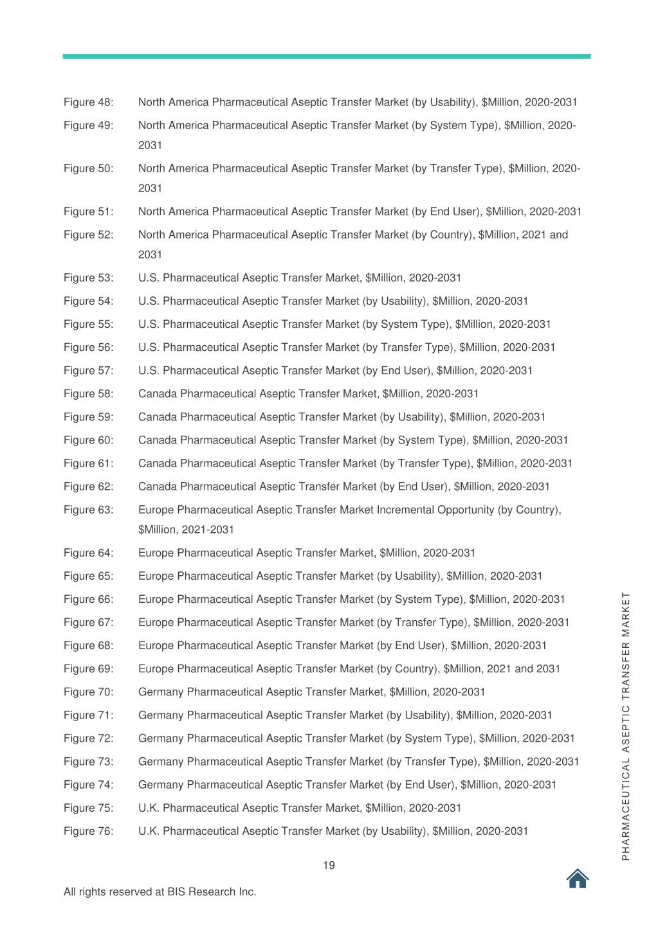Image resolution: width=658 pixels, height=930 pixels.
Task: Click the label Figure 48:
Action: coord(88,102)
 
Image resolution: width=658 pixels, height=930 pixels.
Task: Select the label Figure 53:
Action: coord(88,278)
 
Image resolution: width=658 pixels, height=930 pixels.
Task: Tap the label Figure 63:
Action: coord(88,510)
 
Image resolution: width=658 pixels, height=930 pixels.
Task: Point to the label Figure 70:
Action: coord(88,692)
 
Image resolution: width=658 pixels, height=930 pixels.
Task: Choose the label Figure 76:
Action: coord(88,831)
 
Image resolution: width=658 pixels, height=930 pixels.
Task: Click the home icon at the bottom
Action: coord(578,879)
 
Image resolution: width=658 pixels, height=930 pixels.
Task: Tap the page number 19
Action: coord(329,866)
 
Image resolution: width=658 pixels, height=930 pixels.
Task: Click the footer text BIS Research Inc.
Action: coord(212,892)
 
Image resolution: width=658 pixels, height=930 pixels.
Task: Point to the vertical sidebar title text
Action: coord(626,726)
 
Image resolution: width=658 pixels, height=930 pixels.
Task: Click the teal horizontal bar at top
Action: coord(327,57)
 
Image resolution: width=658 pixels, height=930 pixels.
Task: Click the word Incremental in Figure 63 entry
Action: coord(405,510)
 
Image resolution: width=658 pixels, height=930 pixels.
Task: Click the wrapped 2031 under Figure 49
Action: coord(150,145)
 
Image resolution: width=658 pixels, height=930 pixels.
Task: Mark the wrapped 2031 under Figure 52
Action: coord(150,255)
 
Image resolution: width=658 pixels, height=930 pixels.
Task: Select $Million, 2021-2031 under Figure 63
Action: coord(186,530)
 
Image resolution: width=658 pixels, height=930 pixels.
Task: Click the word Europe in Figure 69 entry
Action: coord(156,669)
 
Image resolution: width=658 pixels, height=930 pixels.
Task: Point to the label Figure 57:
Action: coord(88,371)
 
